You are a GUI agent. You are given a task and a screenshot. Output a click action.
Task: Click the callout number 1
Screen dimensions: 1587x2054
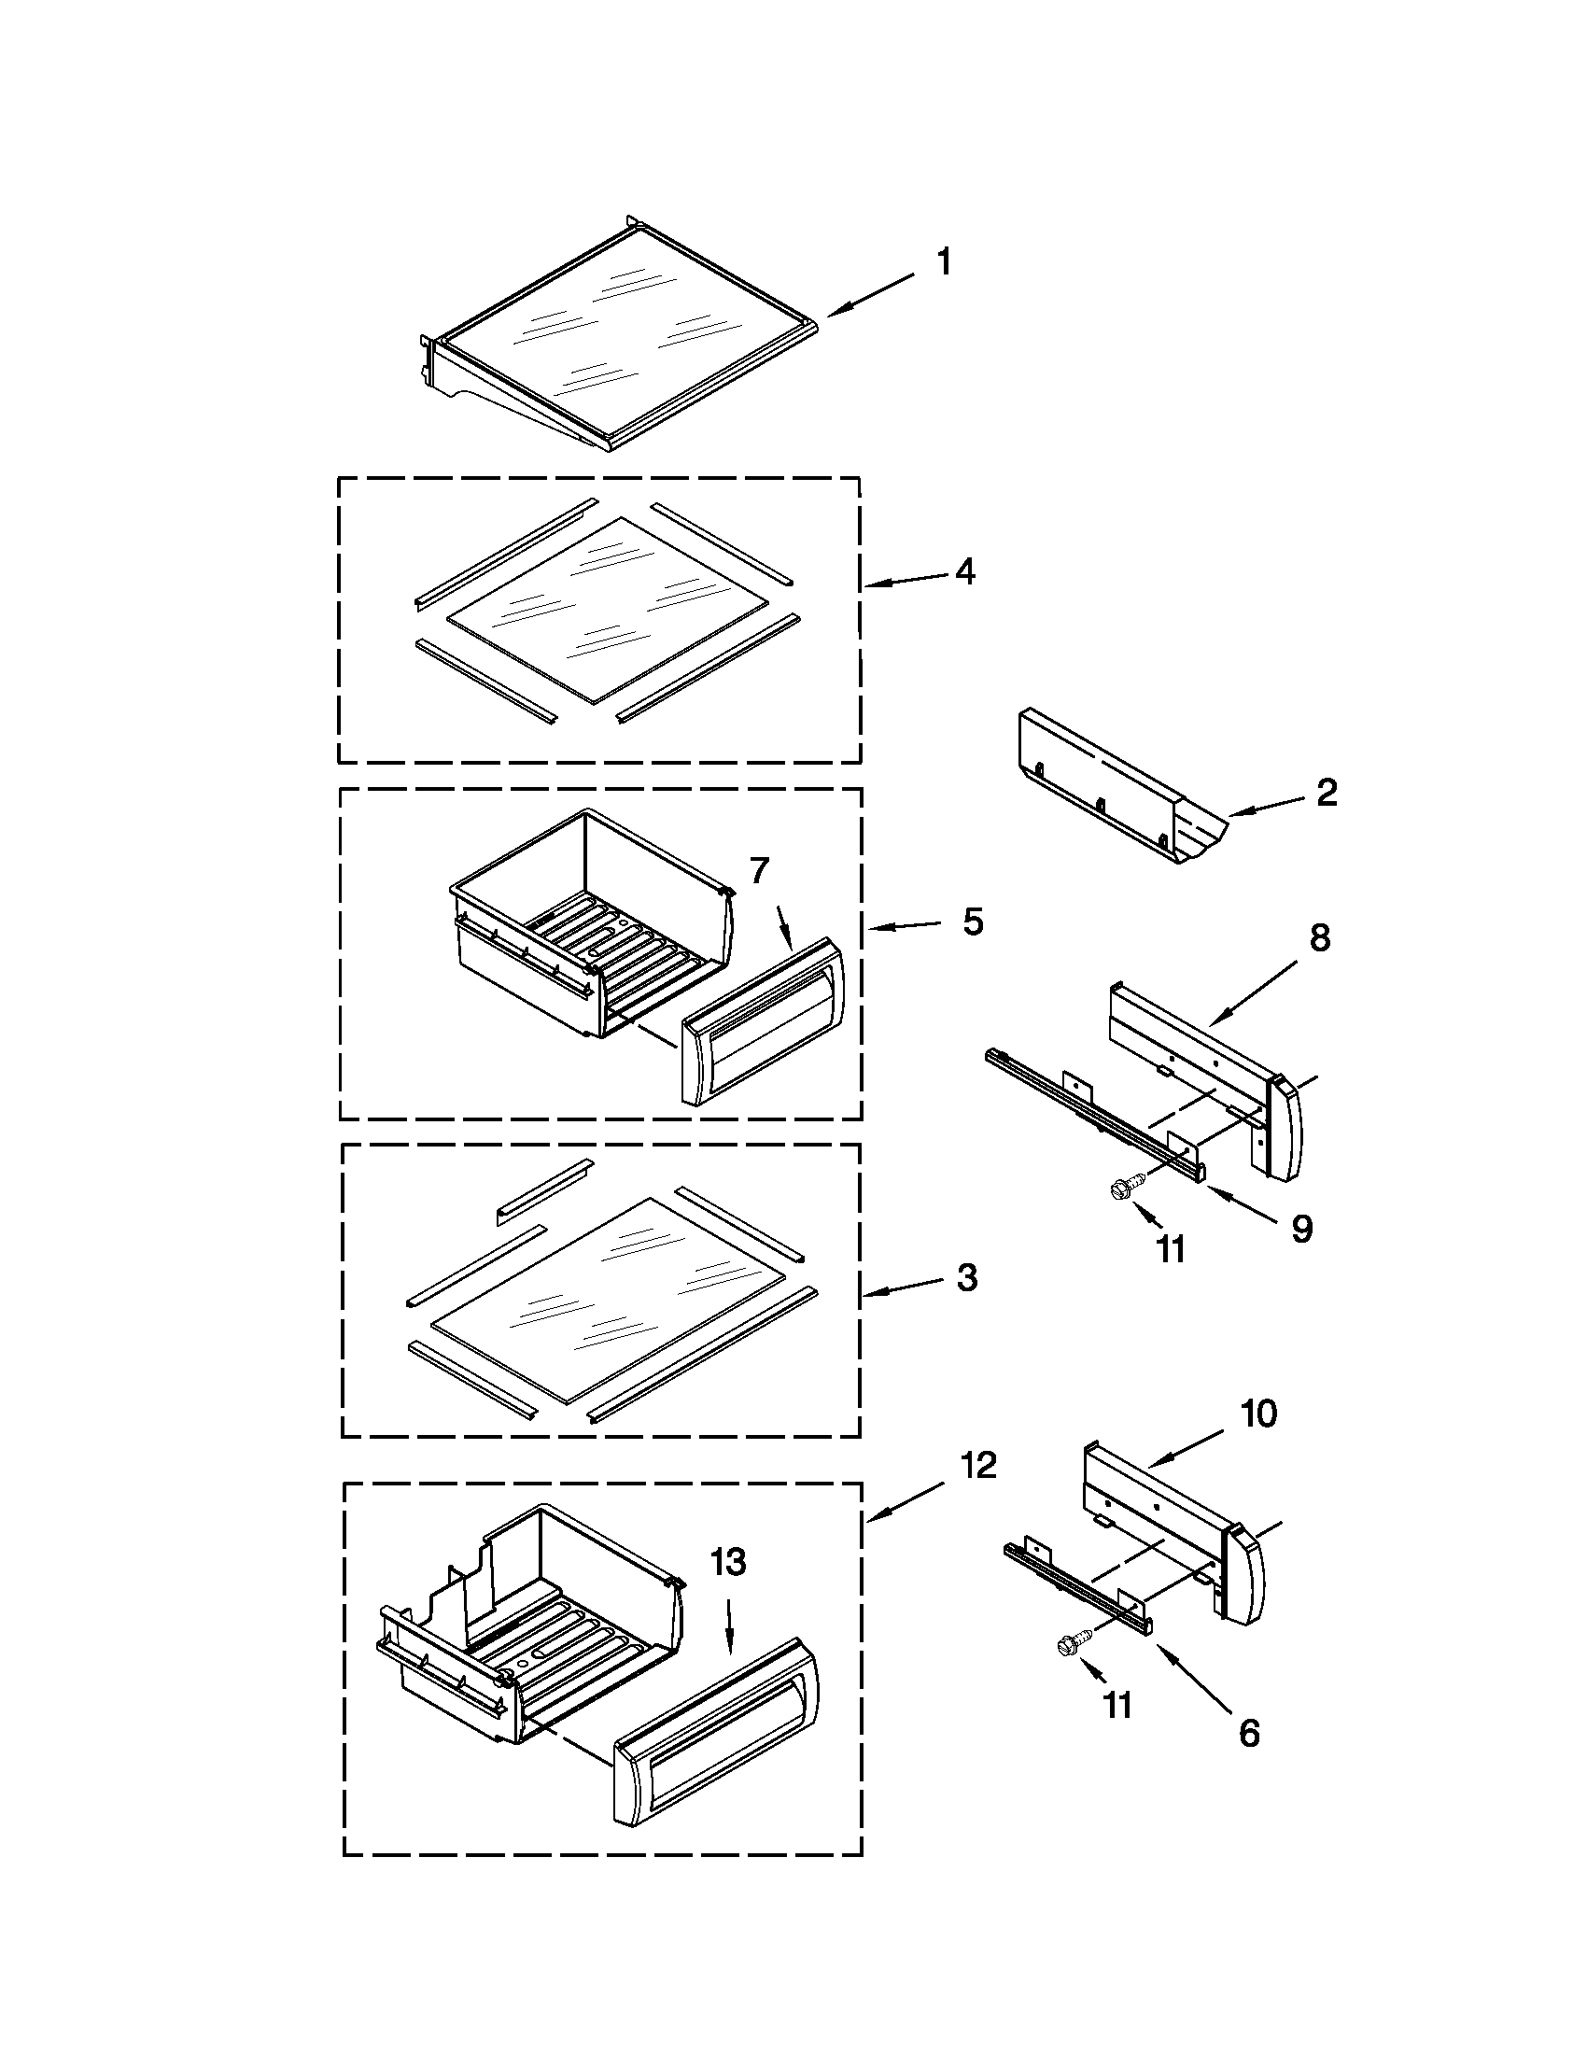click(x=944, y=262)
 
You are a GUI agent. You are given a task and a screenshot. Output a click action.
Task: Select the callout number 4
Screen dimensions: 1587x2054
click(x=964, y=570)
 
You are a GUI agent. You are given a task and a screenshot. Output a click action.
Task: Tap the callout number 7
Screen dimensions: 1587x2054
click(x=760, y=871)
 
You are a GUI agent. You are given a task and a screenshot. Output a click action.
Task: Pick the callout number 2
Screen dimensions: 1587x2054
click(x=1326, y=793)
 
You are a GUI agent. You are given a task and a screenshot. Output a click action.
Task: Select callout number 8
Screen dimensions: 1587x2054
click(x=1320, y=937)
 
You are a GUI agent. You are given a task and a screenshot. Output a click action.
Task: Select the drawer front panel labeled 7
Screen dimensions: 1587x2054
click(x=762, y=1020)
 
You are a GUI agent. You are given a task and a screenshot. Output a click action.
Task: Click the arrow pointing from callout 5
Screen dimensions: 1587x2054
click(x=903, y=927)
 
